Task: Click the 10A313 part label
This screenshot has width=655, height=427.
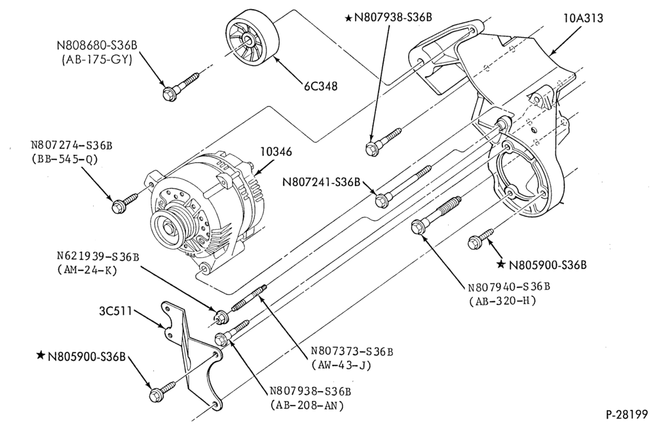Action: [583, 18]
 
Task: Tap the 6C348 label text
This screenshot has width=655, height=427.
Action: [320, 86]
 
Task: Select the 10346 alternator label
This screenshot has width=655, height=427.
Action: [276, 152]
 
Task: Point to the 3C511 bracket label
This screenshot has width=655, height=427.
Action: [115, 311]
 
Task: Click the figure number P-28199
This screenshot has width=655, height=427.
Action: [626, 415]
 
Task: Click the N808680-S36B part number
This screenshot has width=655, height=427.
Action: [98, 45]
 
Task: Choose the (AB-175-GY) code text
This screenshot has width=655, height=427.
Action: [97, 60]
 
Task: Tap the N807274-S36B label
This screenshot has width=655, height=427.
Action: [71, 145]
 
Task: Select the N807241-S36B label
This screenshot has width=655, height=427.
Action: [321, 182]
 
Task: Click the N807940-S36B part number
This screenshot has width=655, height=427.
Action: [508, 288]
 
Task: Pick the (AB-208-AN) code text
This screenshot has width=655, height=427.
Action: [307, 405]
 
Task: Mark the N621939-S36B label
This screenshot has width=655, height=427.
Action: [98, 256]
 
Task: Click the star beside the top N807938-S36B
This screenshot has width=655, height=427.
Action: [348, 18]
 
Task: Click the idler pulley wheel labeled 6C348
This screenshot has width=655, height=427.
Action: [253, 41]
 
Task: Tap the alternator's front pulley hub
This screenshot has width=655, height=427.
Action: [170, 229]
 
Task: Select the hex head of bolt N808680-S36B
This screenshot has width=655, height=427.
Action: [169, 94]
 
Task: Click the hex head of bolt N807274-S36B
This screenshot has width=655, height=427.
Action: [118, 206]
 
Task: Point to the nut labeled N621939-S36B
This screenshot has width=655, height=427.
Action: [219, 317]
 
